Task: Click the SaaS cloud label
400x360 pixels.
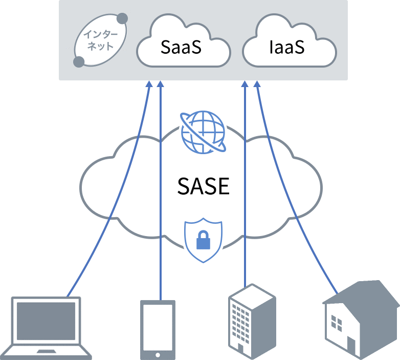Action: (x=181, y=47)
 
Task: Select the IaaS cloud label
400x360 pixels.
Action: (x=286, y=47)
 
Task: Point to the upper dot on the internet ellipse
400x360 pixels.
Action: (x=123, y=19)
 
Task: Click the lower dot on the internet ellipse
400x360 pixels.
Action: (x=79, y=62)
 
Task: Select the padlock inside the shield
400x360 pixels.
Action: (x=203, y=239)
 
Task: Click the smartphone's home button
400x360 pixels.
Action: (x=158, y=354)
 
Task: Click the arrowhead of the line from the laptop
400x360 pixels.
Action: (x=149, y=85)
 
